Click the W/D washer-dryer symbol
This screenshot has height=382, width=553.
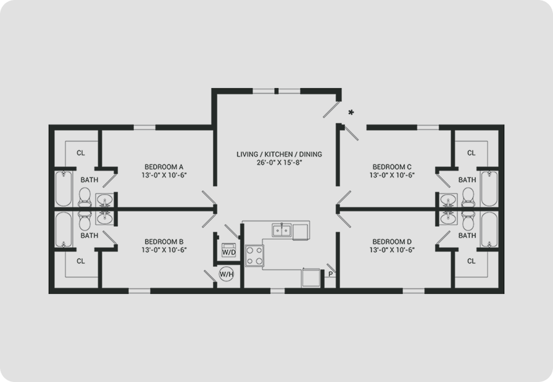pos(228,250)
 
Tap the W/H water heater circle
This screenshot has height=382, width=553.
pos(227,274)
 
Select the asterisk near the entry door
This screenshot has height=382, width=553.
pos(351,113)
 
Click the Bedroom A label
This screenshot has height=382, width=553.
pos(164,167)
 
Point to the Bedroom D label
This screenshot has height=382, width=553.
pos(392,242)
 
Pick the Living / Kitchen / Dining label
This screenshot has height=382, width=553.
pos(280,154)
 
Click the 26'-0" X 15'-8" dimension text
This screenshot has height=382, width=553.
pos(280,163)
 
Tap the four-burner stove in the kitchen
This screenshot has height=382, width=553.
pos(254,255)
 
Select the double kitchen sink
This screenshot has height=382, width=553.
pos(281,230)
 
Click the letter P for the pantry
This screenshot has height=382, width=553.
pos(330,274)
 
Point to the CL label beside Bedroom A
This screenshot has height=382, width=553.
pos(81,153)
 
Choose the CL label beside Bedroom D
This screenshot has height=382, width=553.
pos(472,261)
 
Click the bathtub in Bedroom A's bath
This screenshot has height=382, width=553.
pos(64,189)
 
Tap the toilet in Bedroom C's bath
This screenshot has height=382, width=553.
pos(468,197)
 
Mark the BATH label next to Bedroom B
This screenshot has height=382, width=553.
pos(89,235)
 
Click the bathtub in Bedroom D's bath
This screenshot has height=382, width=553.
pos(489,229)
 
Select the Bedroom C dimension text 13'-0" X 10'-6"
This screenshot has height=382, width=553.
pos(392,176)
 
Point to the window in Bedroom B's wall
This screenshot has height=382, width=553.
pos(139,291)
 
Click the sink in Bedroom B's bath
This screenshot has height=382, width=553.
pos(105,218)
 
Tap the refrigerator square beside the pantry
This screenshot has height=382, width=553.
pos(310,278)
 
